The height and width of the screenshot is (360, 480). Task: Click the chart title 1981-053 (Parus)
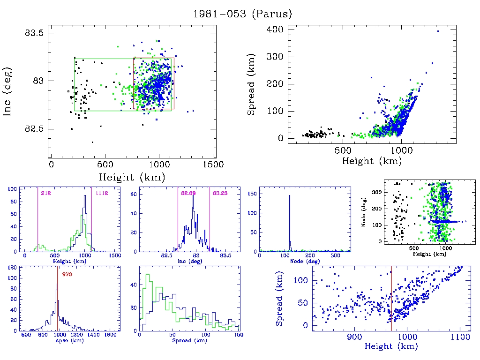[242, 14]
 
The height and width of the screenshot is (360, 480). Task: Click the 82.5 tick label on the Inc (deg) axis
[34, 129]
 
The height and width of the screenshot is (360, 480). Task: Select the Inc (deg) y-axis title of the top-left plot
[8, 92]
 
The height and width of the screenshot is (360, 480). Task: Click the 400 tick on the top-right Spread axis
[275, 30]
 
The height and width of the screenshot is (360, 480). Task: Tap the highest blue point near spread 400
[438, 31]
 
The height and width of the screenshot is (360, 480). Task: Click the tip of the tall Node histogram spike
[289, 195]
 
